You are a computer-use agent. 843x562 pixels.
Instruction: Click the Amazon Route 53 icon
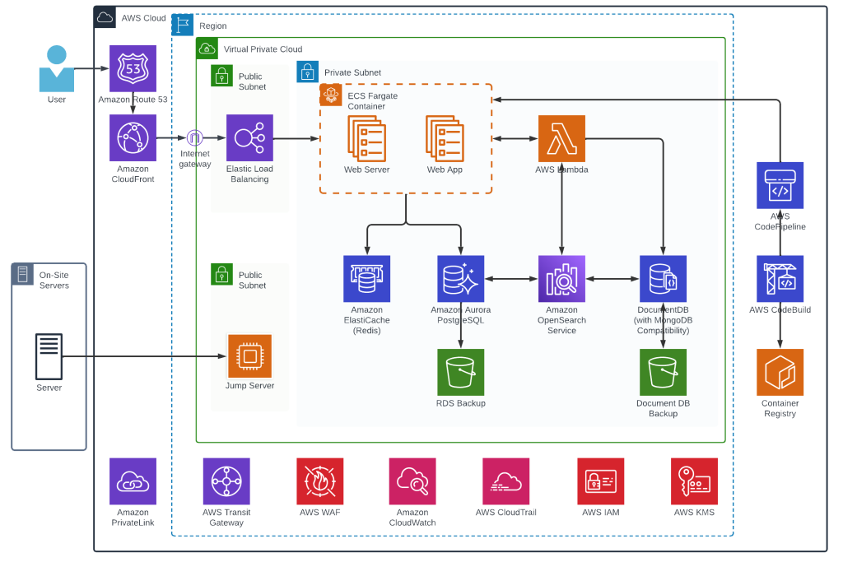coord(133,67)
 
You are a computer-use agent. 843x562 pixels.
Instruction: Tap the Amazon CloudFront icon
coord(133,137)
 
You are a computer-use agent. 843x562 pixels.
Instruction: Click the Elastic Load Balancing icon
coord(249,137)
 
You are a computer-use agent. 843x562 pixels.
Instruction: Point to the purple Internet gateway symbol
coord(194,137)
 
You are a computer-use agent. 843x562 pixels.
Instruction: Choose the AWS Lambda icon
coord(561,137)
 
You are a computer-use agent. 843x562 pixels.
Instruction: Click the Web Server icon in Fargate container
coord(366,137)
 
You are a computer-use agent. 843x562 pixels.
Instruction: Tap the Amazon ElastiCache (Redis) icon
coord(366,278)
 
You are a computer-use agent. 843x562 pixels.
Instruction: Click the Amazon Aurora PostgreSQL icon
coord(461,278)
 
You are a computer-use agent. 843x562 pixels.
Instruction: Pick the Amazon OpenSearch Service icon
coord(561,278)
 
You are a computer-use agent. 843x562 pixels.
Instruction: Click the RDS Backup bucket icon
coord(461,372)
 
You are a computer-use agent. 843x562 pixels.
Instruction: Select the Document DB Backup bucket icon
coord(663,372)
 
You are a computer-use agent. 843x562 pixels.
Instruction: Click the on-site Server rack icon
coord(49,355)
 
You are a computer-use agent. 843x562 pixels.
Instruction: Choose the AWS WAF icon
coord(320,481)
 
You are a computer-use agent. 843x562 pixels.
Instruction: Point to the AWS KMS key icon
coord(694,481)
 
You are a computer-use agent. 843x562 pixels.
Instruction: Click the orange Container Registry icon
coord(780,372)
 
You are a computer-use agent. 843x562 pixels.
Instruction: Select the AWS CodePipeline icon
coord(780,184)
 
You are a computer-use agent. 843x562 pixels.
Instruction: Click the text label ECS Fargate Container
coord(373,101)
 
